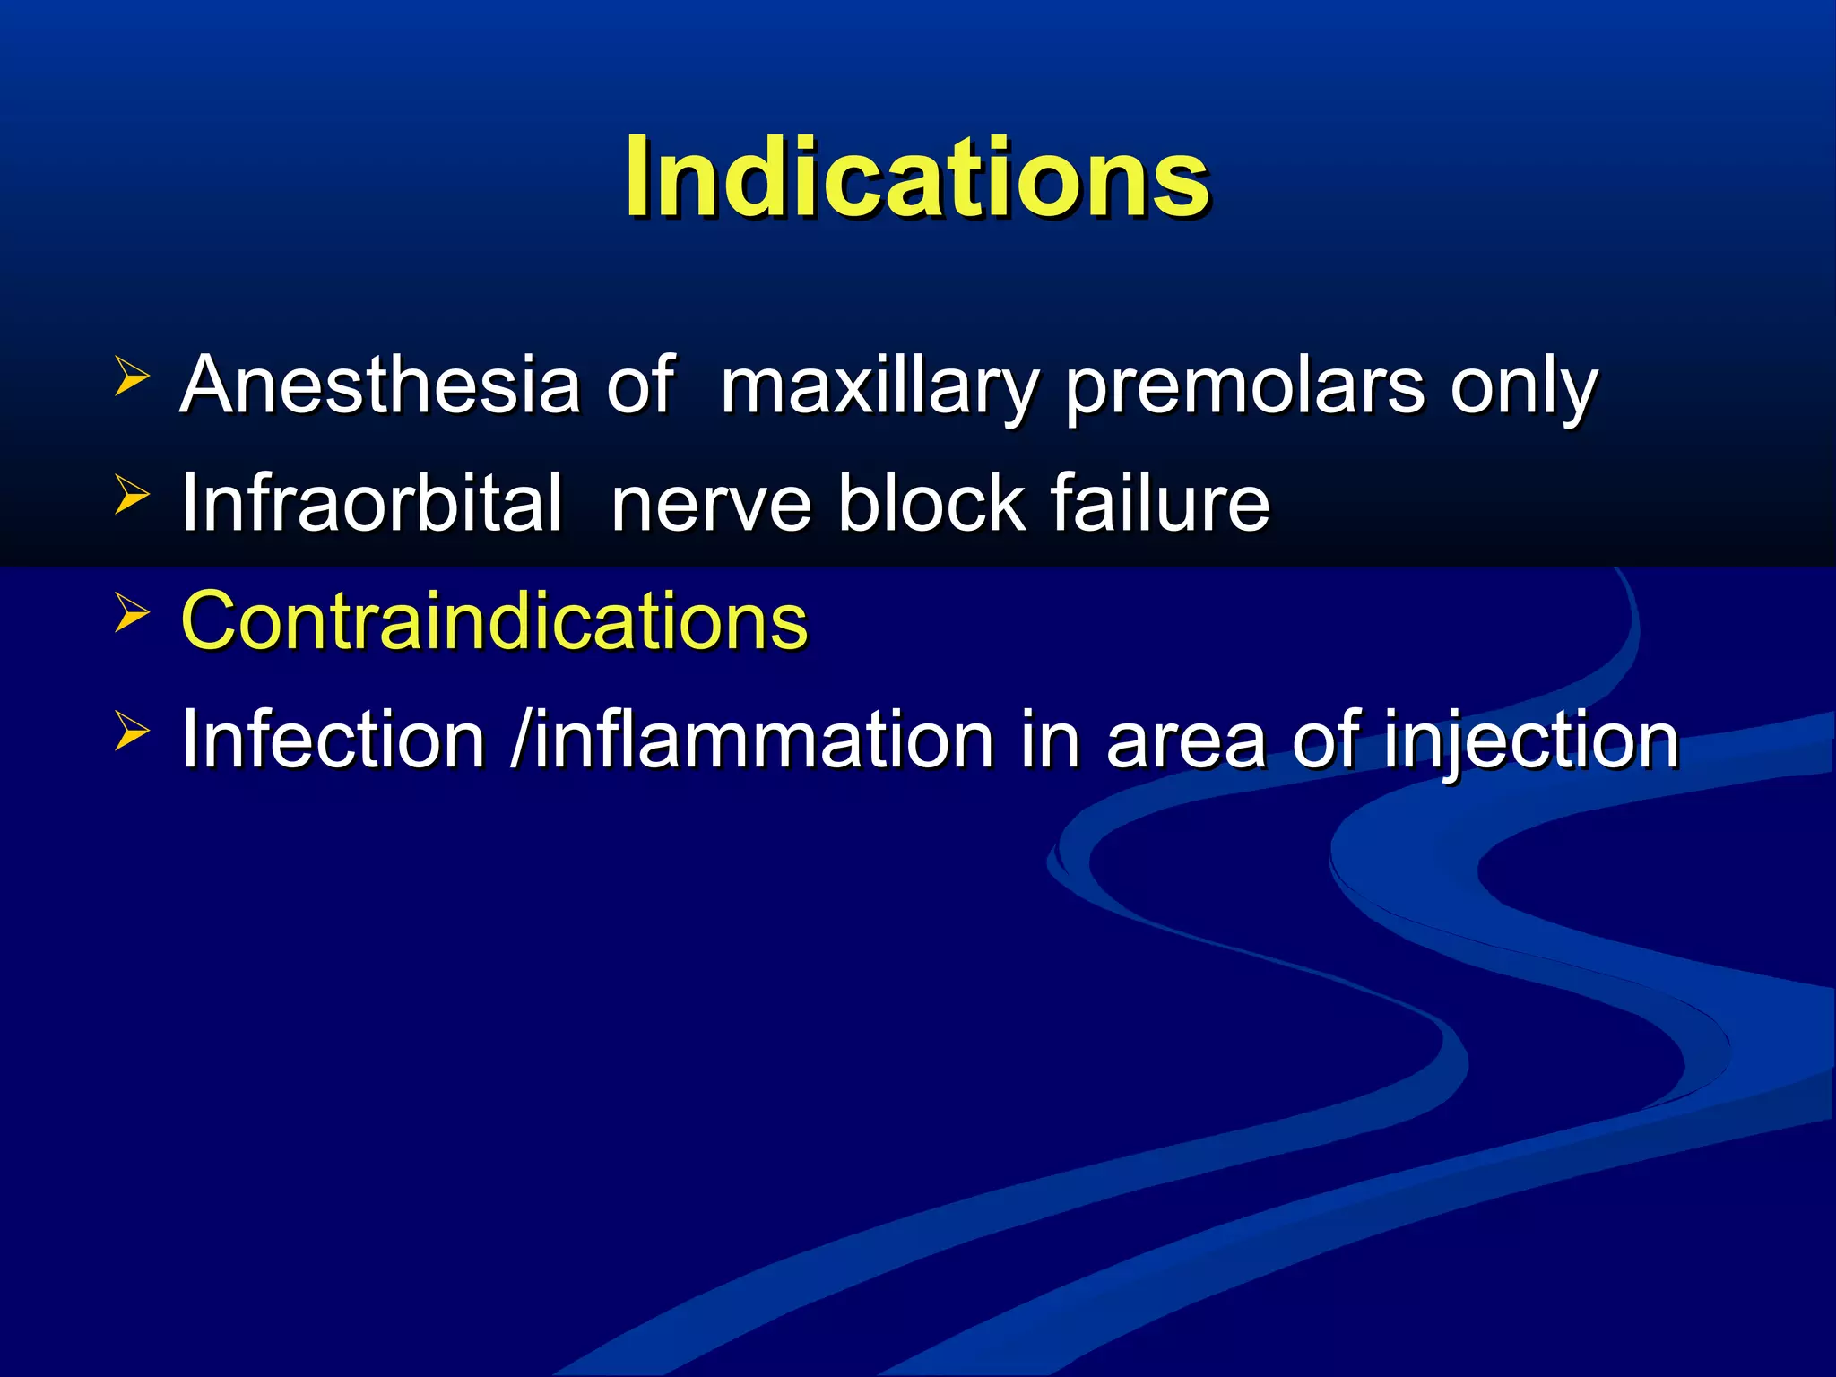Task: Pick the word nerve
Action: coord(711,504)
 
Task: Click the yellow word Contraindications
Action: coord(494,620)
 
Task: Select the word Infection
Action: coord(333,740)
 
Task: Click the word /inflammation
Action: coord(751,740)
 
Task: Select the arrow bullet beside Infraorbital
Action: coord(131,495)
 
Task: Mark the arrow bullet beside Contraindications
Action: coord(131,613)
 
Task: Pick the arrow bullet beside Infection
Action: coord(131,732)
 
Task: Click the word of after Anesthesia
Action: coord(639,385)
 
